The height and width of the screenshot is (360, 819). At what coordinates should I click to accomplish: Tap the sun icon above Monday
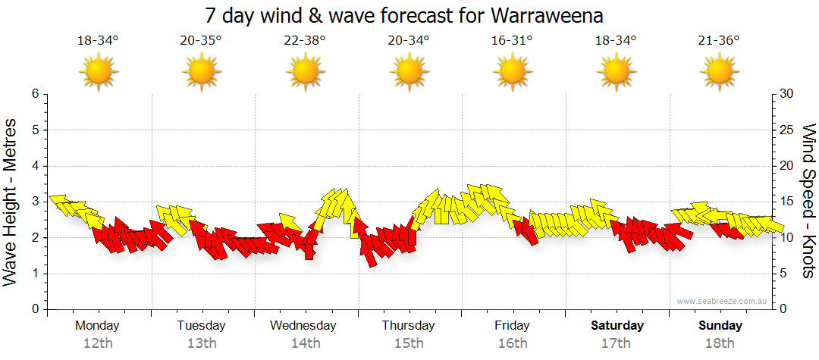98,74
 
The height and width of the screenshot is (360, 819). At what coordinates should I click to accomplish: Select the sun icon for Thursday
409,74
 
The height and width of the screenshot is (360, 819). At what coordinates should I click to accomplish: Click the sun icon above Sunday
720,74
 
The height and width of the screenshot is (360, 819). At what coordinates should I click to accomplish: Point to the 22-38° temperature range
305,41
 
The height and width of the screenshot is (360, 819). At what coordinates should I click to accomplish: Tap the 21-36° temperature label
720,41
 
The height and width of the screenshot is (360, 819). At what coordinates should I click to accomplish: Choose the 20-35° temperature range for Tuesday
201,41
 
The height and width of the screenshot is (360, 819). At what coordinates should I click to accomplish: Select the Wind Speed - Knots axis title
808,201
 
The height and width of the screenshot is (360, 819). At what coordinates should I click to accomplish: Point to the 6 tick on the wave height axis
34,94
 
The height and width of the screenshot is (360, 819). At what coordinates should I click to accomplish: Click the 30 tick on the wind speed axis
787,94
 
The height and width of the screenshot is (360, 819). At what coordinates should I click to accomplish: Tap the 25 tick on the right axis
787,130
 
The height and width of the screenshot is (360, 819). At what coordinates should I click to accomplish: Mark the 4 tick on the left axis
34,166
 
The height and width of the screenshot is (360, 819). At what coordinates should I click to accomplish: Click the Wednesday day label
303,326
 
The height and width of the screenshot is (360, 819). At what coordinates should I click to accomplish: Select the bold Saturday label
617,326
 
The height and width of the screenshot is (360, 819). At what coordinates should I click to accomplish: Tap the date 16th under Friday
513,343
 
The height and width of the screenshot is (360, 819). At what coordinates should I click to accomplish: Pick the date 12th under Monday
98,343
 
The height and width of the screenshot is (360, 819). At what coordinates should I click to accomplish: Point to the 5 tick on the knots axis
784,274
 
